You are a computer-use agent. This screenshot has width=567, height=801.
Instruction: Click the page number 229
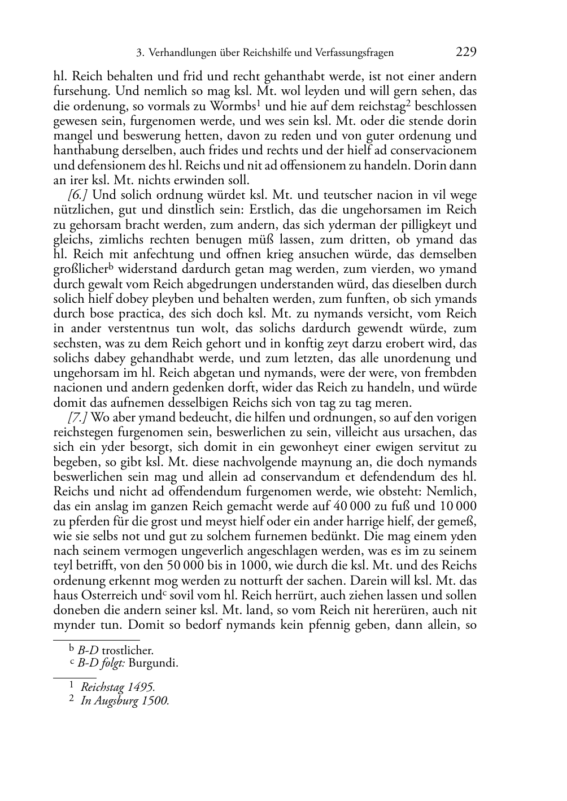point(465,53)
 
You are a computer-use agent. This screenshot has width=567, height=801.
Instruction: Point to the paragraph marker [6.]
point(78,195)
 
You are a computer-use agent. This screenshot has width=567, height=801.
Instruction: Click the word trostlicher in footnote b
point(127,651)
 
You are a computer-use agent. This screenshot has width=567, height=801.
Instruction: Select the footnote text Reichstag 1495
point(117,687)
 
